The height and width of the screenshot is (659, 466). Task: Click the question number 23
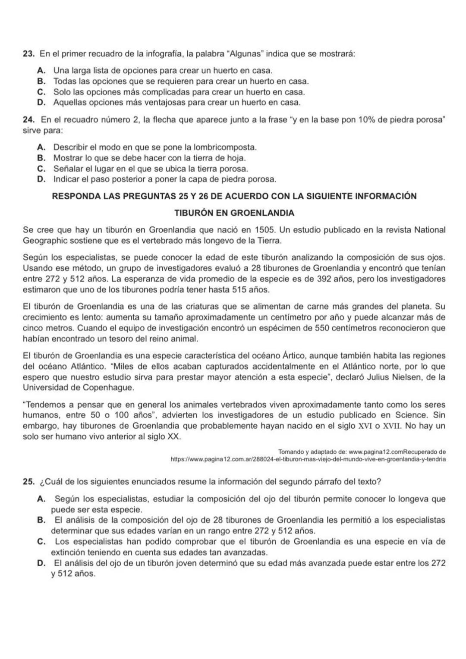click(28, 54)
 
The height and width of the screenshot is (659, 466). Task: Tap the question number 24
click(28, 119)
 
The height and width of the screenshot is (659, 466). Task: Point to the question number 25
click(28, 482)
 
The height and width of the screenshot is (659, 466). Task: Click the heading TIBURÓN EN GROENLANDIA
click(234, 213)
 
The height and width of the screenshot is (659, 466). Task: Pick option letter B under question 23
click(41, 81)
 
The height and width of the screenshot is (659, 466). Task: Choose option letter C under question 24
click(41, 169)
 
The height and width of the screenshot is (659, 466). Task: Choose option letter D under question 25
click(41, 563)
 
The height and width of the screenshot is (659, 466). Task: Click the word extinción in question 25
click(67, 552)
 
